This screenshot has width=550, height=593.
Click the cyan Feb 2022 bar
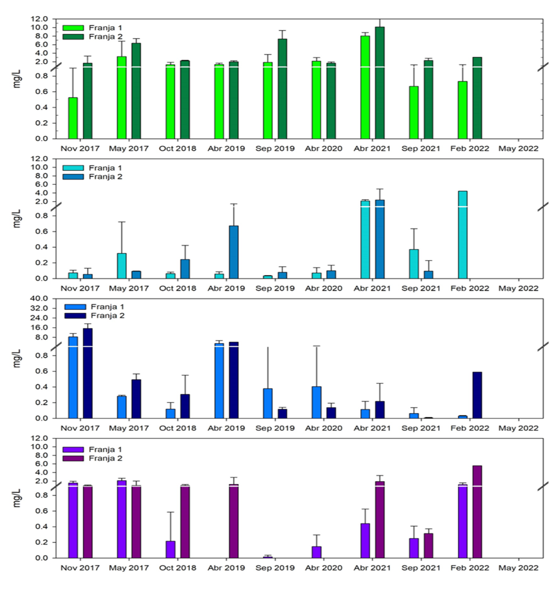462,235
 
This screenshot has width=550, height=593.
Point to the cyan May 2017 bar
122,266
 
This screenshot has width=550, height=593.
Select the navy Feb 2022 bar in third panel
477,395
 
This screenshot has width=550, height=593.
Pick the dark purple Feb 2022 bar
477,511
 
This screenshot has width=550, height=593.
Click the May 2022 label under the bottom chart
519,568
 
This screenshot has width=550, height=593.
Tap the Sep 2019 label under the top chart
275,149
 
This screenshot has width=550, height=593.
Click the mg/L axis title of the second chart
17,218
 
